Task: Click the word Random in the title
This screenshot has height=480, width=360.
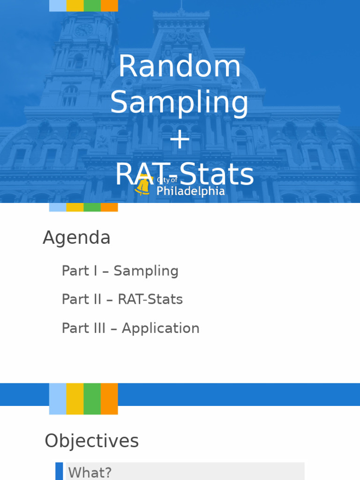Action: coord(180,66)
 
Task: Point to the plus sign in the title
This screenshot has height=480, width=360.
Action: coord(180,140)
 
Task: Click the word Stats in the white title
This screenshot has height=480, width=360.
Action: coord(216,174)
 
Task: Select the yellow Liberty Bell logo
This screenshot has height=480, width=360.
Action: coord(142,186)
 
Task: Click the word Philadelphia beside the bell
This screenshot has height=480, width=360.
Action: coord(190,191)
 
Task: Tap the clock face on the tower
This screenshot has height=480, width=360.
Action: coord(84,30)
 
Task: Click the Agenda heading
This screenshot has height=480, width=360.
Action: coord(76,238)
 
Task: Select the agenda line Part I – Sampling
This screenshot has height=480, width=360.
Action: coord(120,271)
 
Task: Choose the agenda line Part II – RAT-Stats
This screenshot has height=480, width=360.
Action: coord(122,300)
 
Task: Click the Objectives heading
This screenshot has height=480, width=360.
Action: coord(91,441)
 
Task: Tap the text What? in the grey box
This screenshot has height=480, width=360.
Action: coord(90,472)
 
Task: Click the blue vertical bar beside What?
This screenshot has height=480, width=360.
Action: coord(59,471)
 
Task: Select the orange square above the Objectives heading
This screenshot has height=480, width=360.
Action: coord(109,398)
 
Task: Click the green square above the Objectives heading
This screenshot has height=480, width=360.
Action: coord(92,398)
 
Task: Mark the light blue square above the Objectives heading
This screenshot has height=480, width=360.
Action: coord(58,398)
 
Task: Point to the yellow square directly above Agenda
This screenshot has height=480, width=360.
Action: coord(75,207)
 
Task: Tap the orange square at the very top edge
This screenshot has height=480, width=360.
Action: coord(109,6)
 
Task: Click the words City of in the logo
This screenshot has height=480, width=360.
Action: coord(167,180)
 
